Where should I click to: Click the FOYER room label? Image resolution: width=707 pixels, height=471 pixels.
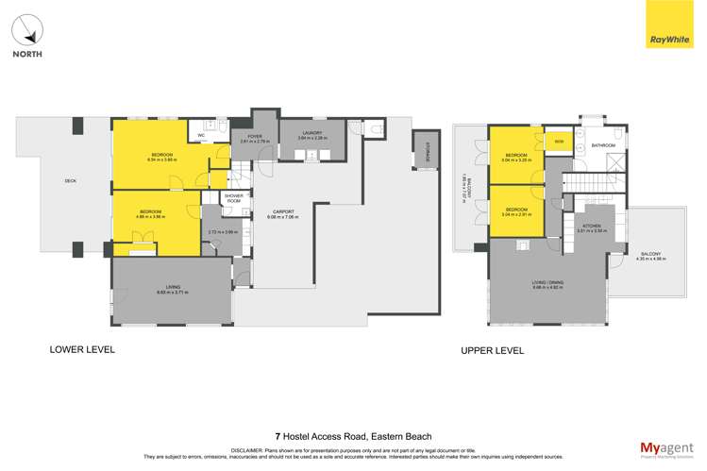[x=255, y=138]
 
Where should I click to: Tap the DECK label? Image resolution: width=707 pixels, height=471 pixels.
[x=70, y=181]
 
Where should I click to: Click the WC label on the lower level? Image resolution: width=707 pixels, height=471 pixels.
[x=201, y=136]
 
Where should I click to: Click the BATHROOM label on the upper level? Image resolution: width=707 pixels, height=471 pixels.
[x=603, y=145]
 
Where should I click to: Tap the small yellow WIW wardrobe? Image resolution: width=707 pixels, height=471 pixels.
[x=558, y=142]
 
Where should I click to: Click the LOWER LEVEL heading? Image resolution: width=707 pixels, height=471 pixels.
[x=82, y=349]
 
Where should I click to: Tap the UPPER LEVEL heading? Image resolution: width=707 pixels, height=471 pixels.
[x=492, y=350]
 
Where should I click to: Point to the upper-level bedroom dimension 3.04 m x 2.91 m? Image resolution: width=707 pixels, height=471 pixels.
[x=515, y=214]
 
